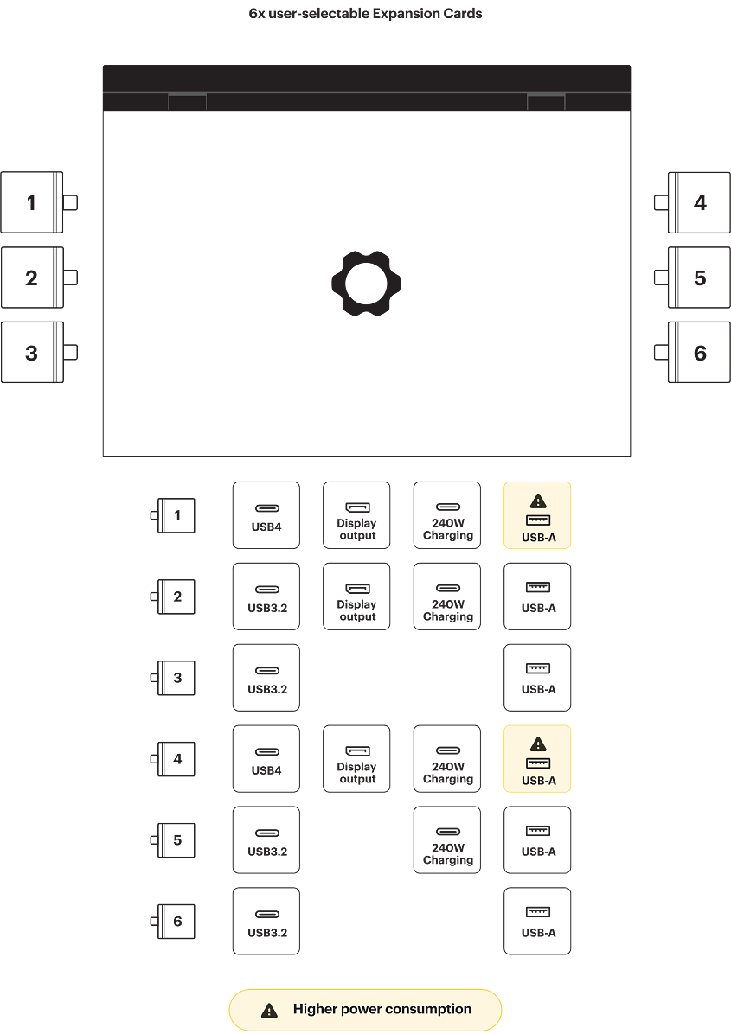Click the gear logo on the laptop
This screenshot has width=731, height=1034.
click(366, 282)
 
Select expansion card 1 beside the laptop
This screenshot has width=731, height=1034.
click(32, 202)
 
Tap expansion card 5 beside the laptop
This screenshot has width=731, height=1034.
click(699, 278)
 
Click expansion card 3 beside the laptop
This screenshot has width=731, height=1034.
click(32, 353)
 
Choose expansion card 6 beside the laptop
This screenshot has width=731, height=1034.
click(699, 353)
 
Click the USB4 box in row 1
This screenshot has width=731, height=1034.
click(266, 515)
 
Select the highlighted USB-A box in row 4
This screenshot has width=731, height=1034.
click(537, 759)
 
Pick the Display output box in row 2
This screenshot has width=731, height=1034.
click(356, 597)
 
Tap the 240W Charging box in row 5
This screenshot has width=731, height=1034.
click(447, 840)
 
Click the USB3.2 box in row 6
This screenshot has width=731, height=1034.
click(266, 922)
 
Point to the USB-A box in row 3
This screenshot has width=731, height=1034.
click(537, 678)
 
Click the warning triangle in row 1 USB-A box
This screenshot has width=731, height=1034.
click(538, 501)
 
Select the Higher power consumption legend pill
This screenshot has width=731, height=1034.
click(365, 1010)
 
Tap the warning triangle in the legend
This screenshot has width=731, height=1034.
click(270, 1010)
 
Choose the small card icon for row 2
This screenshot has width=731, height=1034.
click(176, 597)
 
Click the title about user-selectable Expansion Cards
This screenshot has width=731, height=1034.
click(365, 14)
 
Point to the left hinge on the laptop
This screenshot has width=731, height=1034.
click(187, 102)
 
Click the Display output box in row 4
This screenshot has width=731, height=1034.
click(356, 759)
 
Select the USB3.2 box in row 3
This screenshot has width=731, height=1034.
click(266, 678)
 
